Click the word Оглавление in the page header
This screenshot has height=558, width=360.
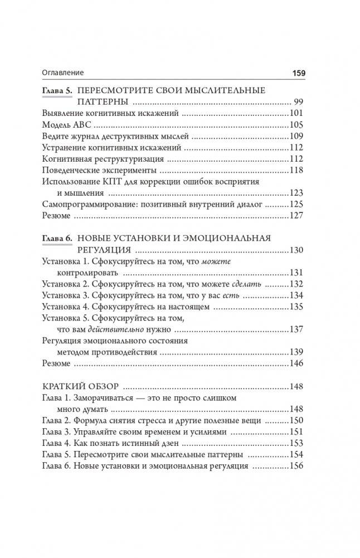[x=62, y=72]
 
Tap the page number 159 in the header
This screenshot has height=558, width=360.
[x=295, y=72]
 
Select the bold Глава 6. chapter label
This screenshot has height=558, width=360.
[x=56, y=238]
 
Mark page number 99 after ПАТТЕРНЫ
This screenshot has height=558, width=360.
[x=298, y=101]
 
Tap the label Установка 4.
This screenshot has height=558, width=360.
[x=65, y=307]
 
